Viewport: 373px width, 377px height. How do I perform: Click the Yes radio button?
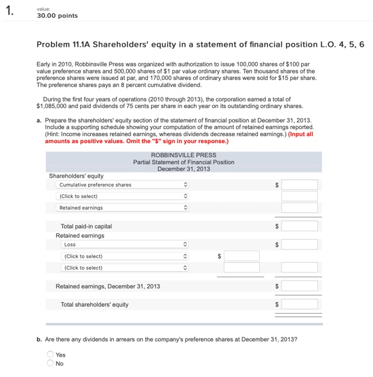coord(50,354)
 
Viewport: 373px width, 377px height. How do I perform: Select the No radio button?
coord(50,363)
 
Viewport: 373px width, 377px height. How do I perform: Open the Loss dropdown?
coord(123,244)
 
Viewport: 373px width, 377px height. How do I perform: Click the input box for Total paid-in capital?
coord(299,226)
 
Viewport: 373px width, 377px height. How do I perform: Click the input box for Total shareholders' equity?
coord(299,304)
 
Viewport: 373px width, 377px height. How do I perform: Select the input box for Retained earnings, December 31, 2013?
coord(299,286)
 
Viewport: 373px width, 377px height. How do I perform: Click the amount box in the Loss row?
coord(299,244)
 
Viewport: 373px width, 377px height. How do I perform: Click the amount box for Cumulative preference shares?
coord(299,185)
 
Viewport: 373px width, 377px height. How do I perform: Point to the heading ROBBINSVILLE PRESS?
coord(184,155)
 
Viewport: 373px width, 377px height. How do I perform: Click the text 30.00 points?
coord(58,16)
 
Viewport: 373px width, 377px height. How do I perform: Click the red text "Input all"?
coord(301,134)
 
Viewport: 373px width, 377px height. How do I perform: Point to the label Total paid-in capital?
coord(86,226)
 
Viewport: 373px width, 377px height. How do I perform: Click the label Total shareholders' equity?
coord(94,305)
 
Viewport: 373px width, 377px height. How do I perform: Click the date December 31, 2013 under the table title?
coord(184,169)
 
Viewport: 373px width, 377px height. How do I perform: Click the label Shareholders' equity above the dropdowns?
coord(76,176)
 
